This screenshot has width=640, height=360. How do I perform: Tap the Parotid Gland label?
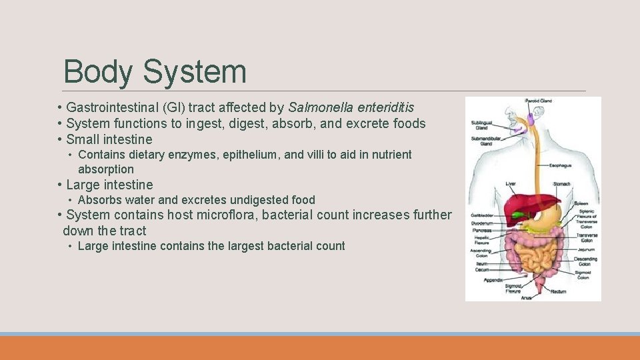pyautogui.click(x=539, y=101)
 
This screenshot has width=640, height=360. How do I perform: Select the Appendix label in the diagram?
pyautogui.click(x=493, y=280)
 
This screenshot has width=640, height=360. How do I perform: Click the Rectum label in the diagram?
pyautogui.click(x=559, y=291)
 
